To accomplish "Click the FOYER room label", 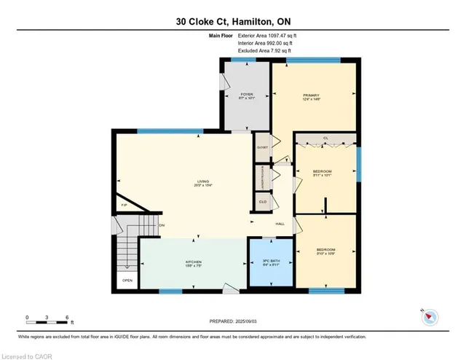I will [x=246, y=95].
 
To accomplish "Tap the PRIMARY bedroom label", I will [x=312, y=95].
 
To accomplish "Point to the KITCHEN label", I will [x=193, y=262].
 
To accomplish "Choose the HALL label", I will [x=279, y=224].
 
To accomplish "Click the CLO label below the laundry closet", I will [x=262, y=201].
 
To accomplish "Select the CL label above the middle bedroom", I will [x=325, y=137].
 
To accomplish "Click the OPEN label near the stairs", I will [x=127, y=281].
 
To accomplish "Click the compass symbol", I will [x=431, y=316].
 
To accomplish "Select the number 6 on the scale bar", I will [x=66, y=318].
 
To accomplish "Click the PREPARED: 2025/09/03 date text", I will [x=232, y=321].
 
